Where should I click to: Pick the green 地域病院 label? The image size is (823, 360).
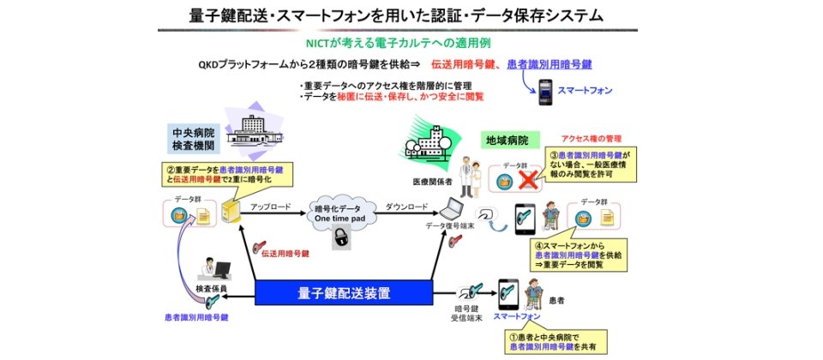[x=508, y=138]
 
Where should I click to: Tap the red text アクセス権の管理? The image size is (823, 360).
[x=591, y=138]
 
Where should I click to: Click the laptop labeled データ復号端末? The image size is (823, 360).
[x=452, y=209]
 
